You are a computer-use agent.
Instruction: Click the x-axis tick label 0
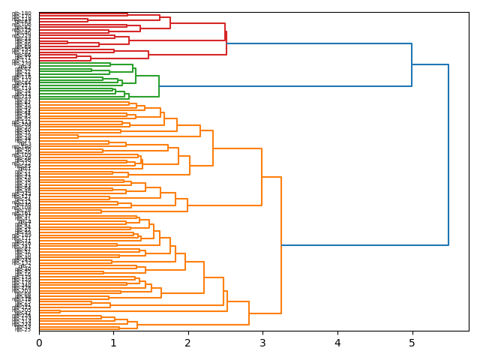[x=39, y=343]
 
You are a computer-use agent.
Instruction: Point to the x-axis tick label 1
[x=113, y=343]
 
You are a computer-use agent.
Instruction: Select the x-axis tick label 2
[x=188, y=343]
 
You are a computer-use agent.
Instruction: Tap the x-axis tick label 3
[x=262, y=343]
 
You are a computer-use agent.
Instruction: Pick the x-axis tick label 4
[x=337, y=343]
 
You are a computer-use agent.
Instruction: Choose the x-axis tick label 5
[x=412, y=343]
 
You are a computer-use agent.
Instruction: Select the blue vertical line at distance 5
[x=412, y=65]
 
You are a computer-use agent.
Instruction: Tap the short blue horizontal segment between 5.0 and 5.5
[x=430, y=65]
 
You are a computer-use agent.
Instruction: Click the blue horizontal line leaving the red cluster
[x=319, y=43]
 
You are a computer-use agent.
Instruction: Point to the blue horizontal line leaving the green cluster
[x=285, y=86]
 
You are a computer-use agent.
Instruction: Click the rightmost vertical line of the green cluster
[x=159, y=86]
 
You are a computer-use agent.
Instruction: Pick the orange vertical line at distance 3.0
[x=262, y=177]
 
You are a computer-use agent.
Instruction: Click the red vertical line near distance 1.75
[x=170, y=22]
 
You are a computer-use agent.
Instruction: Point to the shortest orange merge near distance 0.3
[x=60, y=311]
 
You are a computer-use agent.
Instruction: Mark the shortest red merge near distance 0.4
[x=67, y=42]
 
